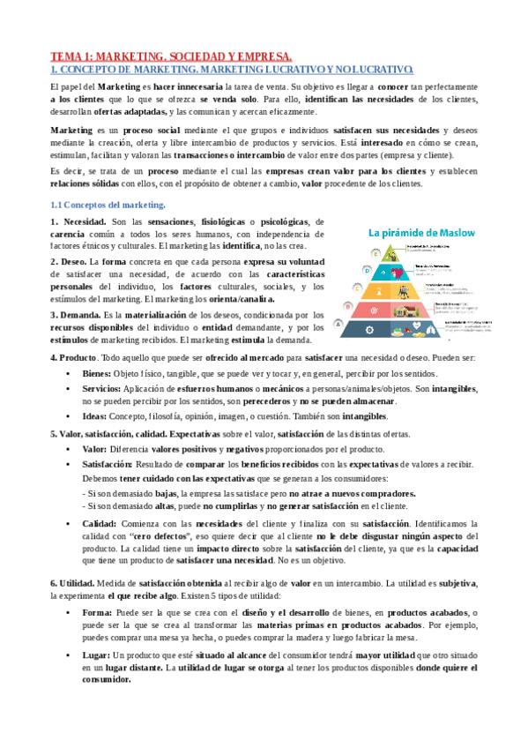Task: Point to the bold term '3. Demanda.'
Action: tap(75, 315)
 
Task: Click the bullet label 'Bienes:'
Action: tap(98, 374)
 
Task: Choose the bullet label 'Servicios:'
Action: tap(102, 389)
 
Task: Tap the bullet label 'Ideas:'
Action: tap(95, 416)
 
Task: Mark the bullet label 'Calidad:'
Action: tap(100, 524)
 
